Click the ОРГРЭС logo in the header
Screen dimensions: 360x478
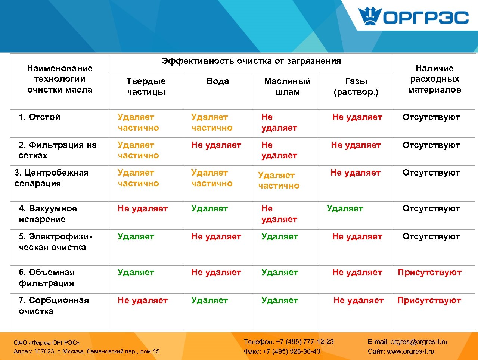point(413,17)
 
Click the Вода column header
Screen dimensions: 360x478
point(218,81)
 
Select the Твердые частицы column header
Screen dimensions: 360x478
point(146,86)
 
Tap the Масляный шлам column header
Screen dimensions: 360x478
point(287,86)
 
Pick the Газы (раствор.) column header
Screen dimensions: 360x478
point(356,86)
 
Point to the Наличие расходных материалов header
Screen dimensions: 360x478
point(435,79)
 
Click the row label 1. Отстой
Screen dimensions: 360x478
point(39,117)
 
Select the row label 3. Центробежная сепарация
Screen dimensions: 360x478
point(51,178)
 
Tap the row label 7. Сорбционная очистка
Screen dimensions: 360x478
point(53,305)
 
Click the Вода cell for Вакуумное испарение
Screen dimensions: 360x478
point(209,208)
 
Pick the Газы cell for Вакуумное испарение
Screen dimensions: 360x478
point(345,208)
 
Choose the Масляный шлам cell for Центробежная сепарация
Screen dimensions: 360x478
point(279,180)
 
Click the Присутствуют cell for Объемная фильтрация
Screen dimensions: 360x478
point(429,272)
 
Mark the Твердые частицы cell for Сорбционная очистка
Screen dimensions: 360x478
point(143,300)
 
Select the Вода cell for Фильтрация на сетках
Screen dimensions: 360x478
point(216,145)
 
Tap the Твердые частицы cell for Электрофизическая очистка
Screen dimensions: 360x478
point(136,236)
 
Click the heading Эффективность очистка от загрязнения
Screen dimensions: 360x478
point(251,61)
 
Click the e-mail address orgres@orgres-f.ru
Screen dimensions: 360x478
point(419,341)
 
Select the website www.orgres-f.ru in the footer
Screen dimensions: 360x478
point(410,351)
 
